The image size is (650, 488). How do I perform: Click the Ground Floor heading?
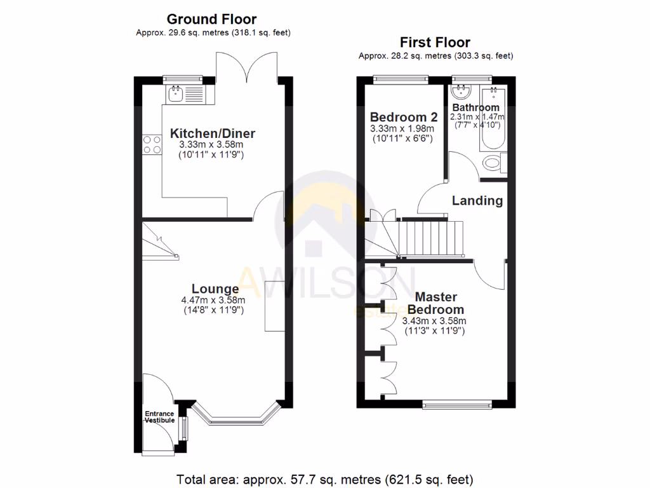point(212,20)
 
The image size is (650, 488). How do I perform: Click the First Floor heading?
point(435,43)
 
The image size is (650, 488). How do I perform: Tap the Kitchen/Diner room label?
point(212,133)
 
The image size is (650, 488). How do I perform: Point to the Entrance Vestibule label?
point(159,417)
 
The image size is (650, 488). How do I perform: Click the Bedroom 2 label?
point(404,118)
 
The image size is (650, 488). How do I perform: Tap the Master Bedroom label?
point(435,303)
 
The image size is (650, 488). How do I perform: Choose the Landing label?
point(477,201)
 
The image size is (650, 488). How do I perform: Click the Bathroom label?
point(475,107)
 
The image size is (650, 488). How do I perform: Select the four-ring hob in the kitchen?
point(152,145)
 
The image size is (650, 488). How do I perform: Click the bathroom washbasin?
point(458,93)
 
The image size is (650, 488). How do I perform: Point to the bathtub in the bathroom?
point(493,127)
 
